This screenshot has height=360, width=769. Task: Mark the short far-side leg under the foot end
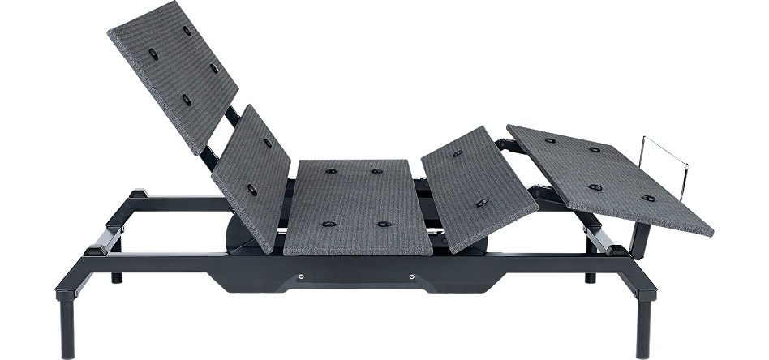tap(589, 276)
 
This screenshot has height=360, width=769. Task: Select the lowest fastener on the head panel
tap(189, 101)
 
